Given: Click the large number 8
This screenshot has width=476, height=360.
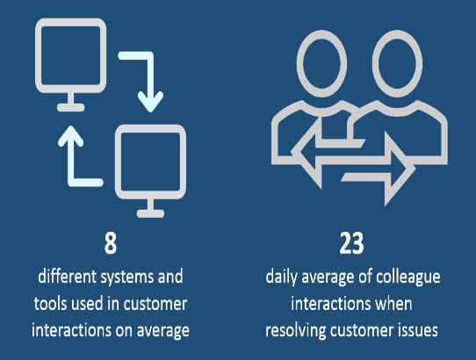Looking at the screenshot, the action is click(111, 243).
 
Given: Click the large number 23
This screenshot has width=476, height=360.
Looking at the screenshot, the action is click(351, 243).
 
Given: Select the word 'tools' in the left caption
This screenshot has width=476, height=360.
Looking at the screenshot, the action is click(50, 304).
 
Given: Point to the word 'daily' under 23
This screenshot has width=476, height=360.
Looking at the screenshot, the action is click(281, 277).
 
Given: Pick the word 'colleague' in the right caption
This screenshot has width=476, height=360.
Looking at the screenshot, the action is click(408, 277).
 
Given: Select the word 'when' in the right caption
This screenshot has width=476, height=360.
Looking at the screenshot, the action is click(393, 304).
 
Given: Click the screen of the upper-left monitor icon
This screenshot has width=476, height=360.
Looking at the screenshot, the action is click(71, 55).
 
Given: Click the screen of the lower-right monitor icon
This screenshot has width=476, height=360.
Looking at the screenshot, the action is click(150, 162).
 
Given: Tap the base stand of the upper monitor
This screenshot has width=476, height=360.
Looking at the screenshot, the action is click(71, 107).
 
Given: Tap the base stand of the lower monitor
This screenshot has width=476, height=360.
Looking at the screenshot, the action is click(150, 213).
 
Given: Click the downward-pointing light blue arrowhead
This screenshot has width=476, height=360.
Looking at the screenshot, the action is click(150, 102).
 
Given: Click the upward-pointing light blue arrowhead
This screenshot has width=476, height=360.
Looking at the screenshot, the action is click(71, 136).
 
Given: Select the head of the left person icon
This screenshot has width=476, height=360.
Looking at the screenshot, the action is click(321, 63).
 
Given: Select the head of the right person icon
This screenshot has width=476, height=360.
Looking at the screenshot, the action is click(397, 63).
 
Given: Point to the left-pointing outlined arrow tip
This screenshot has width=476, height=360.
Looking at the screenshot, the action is click(292, 152).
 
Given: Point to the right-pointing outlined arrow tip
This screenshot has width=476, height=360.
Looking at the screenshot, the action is click(415, 168).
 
